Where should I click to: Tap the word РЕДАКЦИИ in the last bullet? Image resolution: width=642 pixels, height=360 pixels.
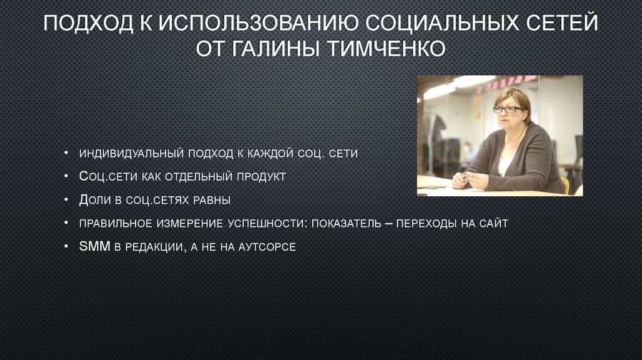pos(155,246)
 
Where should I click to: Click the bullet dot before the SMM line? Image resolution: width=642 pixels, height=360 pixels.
pos(66,247)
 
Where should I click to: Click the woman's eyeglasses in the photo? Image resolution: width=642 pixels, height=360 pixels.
pos(507,110)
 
